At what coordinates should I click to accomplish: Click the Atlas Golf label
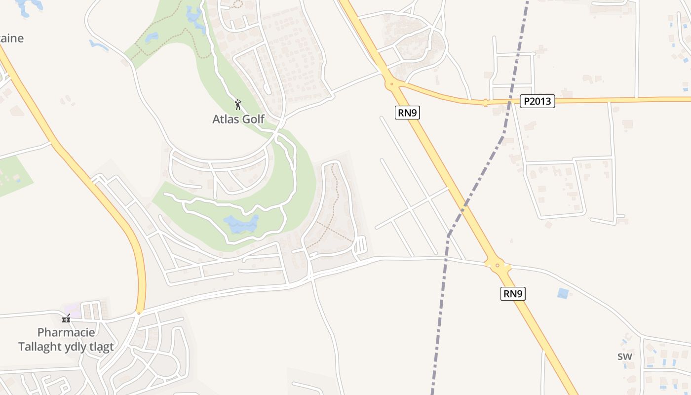[238, 119]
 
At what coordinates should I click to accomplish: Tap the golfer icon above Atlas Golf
[238, 105]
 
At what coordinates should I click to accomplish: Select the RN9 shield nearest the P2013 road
[408, 113]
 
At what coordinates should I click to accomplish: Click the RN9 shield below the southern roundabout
[513, 294]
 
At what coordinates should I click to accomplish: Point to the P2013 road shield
[537, 102]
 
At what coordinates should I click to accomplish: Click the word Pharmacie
[66, 332]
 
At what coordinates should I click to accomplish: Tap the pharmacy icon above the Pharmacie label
[66, 318]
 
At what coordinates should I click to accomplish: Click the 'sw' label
[624, 356]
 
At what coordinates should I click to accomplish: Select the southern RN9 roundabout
[498, 266]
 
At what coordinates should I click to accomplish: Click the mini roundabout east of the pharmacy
[139, 313]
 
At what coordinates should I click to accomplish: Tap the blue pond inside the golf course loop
[241, 224]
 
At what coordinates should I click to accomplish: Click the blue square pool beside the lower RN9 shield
[563, 293]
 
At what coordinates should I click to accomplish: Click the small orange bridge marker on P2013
[486, 103]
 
